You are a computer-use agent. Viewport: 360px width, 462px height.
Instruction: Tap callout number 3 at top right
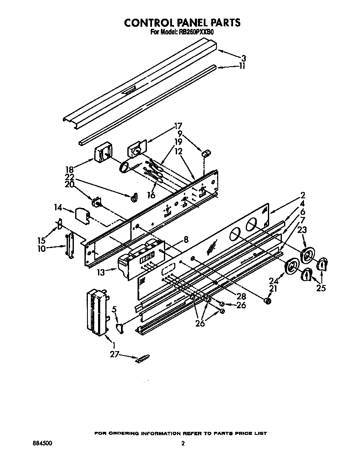click(x=243, y=58)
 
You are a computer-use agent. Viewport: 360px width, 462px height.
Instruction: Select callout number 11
click(x=242, y=66)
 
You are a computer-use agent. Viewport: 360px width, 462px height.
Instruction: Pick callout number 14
click(x=58, y=208)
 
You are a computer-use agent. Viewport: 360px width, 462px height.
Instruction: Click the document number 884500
click(x=42, y=443)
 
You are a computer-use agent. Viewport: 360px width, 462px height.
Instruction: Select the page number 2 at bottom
click(x=183, y=443)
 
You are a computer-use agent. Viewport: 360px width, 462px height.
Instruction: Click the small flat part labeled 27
click(x=142, y=359)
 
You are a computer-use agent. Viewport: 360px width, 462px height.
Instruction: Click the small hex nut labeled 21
click(x=267, y=301)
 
